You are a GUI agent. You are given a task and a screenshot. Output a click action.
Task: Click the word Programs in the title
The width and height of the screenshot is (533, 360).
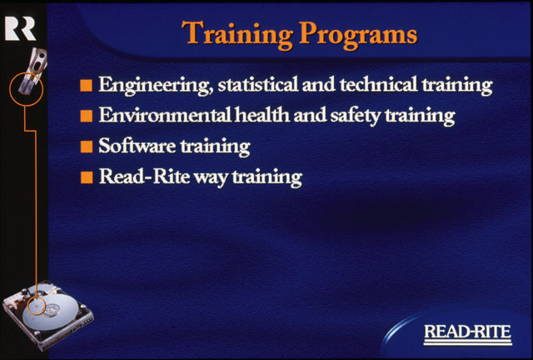(358, 36)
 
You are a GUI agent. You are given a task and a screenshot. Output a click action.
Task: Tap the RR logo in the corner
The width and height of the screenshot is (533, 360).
(20, 29)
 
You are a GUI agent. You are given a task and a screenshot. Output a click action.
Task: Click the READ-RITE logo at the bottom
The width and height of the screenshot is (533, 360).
(468, 334)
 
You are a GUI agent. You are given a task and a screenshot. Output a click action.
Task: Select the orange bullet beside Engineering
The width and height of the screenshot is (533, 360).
(87, 85)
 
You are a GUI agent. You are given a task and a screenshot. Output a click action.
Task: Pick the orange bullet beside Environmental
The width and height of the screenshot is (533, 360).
(87, 116)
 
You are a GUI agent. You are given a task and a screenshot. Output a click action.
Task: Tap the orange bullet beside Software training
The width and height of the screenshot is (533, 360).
(87, 147)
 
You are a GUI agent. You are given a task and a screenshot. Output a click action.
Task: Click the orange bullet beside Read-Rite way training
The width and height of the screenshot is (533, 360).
(87, 177)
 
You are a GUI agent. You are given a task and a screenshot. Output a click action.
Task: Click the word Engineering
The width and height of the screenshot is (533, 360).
(156, 85)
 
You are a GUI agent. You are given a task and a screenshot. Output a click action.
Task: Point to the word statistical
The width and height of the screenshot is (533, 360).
(259, 84)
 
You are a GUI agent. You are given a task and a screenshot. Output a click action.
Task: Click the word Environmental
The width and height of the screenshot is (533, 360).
(165, 116)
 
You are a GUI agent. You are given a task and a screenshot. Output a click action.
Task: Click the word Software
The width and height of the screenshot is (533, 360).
(137, 146)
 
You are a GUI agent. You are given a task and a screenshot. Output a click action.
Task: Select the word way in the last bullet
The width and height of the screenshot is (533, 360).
(211, 179)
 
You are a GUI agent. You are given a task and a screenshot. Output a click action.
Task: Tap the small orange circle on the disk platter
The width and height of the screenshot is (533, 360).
(36, 305)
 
